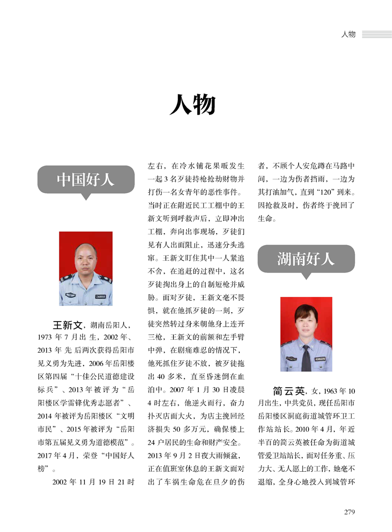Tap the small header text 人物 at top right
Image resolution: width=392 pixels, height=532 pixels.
[348, 34]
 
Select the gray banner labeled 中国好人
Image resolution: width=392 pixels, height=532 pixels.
[86, 179]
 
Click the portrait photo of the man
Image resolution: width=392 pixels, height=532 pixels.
[86, 268]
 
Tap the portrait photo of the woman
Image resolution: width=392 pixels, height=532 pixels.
[306, 334]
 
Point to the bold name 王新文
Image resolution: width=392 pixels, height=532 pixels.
[67, 325]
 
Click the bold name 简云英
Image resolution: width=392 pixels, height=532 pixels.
[288, 391]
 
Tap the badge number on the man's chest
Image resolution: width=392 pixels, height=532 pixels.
[100, 296]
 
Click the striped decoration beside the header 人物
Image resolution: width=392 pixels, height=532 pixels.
[377, 34]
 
